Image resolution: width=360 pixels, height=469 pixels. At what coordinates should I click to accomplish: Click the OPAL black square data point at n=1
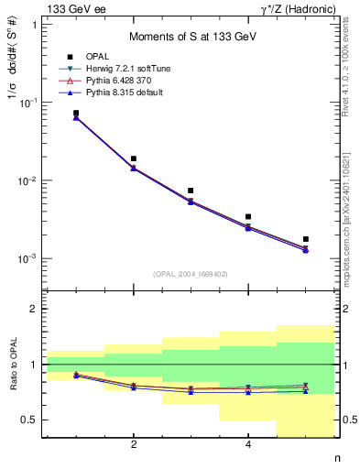click(76, 113)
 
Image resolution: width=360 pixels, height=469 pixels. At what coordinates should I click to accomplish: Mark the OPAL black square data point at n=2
click(134, 158)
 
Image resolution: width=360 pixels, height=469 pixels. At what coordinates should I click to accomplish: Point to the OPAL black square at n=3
click(191, 191)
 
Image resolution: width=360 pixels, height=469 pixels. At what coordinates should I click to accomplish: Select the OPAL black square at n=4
click(248, 217)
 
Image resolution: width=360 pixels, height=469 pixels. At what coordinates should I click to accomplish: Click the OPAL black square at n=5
click(305, 239)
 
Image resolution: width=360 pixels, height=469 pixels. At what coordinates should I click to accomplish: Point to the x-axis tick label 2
click(134, 445)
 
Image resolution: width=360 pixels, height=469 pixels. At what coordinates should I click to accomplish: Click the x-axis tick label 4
click(248, 445)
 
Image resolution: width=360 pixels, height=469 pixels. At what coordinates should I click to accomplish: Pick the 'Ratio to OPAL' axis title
click(12, 365)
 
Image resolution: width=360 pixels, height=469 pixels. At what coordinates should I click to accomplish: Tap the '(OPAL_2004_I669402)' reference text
click(191, 274)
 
